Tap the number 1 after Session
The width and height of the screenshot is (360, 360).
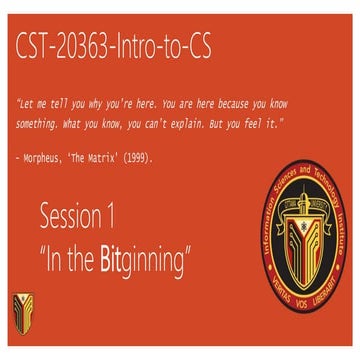137,216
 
